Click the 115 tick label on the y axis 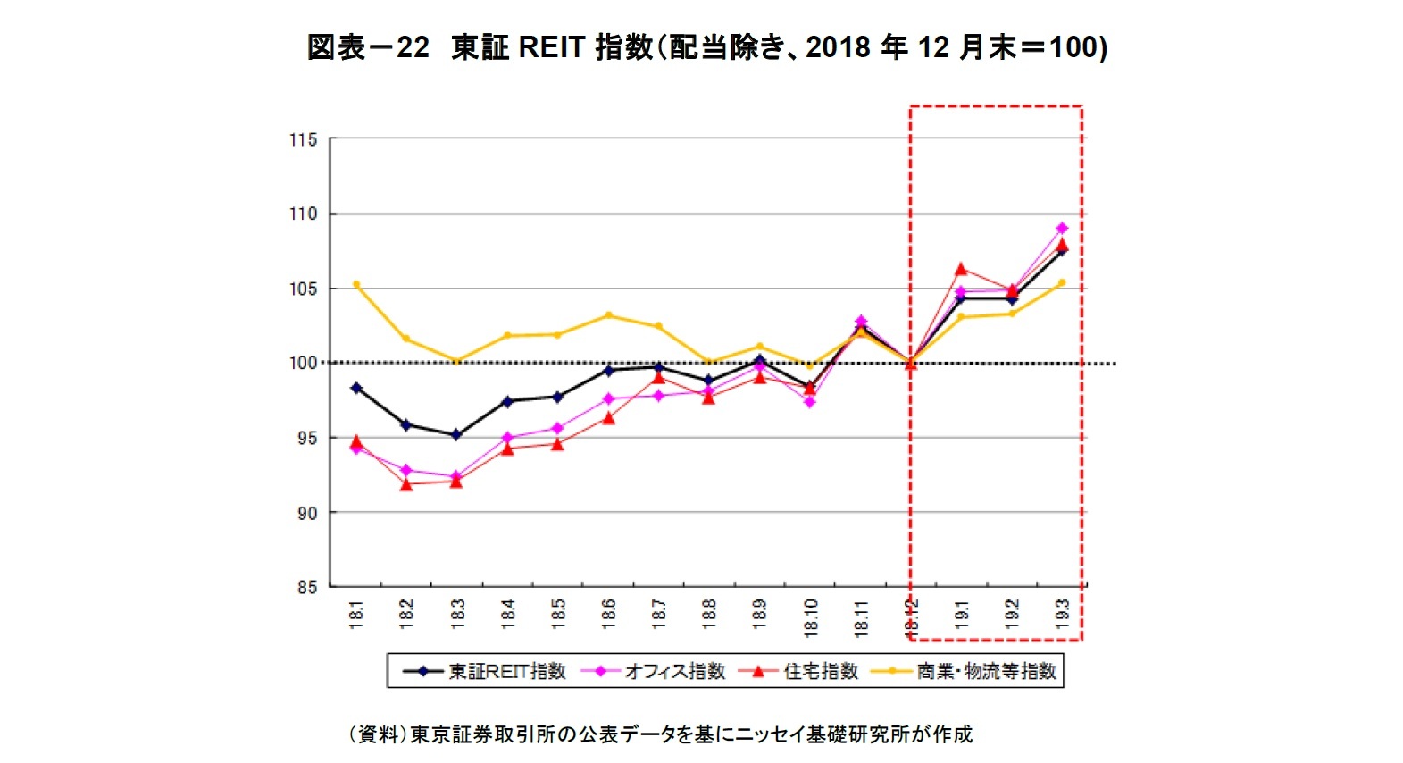point(303,139)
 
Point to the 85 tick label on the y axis point(306,587)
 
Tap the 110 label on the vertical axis point(303,214)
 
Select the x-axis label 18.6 point(609,614)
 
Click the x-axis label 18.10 point(811,616)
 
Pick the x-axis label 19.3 point(1063,614)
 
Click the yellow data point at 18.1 point(356,284)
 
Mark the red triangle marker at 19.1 point(961,269)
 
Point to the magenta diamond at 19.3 point(1062,228)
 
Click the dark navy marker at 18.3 point(456,435)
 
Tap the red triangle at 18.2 point(406,484)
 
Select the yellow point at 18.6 point(608,315)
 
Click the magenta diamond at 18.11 point(861,321)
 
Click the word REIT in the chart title point(551,46)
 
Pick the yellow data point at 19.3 point(1062,282)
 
